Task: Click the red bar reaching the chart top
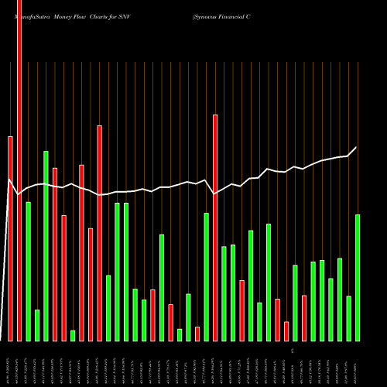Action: tap(19, 170)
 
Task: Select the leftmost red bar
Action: tap(10, 238)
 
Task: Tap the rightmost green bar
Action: tap(358, 277)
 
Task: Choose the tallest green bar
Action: tap(46, 245)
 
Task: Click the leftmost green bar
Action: tap(28, 271)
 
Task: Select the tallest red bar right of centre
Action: tap(215, 228)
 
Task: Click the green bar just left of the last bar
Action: tap(349, 318)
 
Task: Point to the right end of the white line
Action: tap(357, 147)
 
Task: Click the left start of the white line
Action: tap(9, 180)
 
